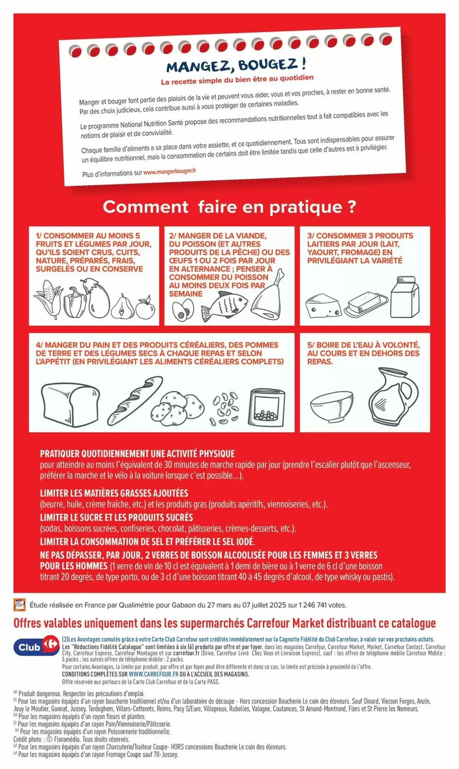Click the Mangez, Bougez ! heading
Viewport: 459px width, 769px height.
coord(236,64)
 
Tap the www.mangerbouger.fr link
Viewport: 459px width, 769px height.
coord(169,171)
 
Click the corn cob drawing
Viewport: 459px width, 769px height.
coord(48,300)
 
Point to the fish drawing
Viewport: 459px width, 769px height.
coord(224,305)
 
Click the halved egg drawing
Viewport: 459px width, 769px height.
coord(183,310)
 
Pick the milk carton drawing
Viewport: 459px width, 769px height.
coord(405,297)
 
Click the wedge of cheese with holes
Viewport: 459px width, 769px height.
coord(323,306)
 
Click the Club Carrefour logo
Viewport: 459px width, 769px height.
coord(36,647)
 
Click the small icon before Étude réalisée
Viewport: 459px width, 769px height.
coord(19,605)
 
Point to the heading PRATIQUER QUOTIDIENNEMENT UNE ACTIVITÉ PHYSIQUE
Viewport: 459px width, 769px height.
coord(137,454)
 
